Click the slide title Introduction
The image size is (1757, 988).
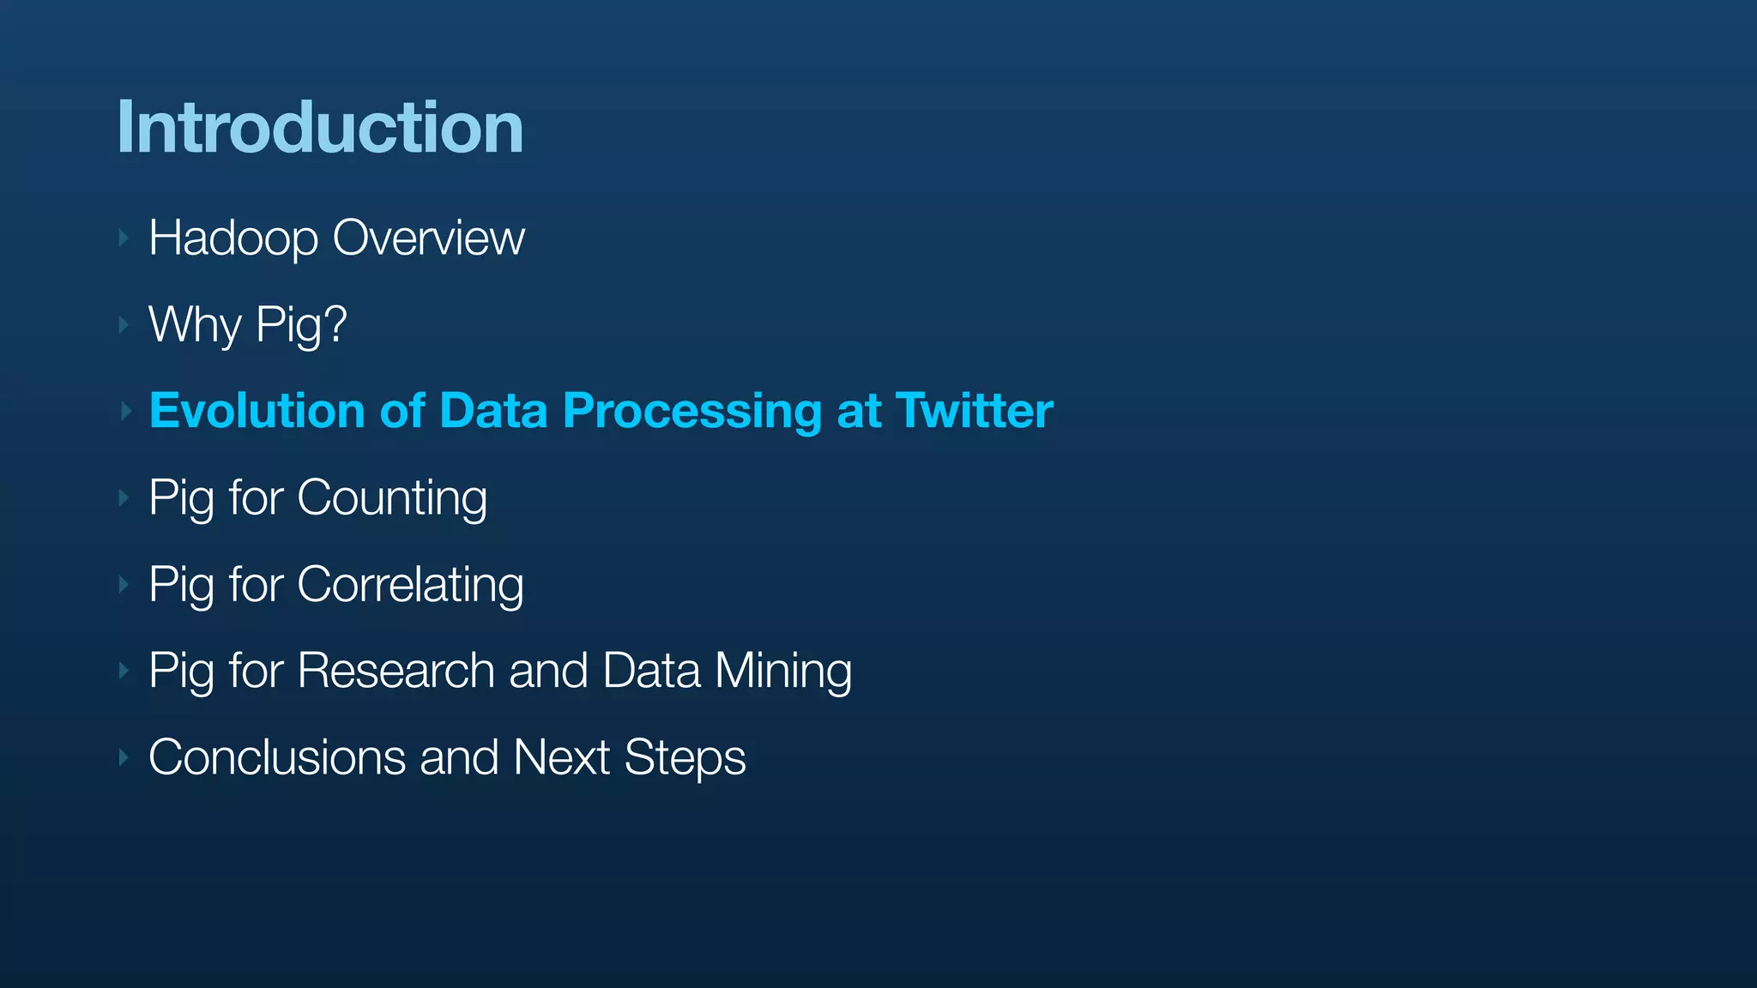click(320, 128)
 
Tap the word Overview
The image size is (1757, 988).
click(428, 238)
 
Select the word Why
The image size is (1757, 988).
click(195, 325)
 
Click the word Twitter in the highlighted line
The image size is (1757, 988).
click(974, 411)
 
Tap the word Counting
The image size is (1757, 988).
click(392, 498)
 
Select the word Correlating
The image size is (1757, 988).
click(410, 585)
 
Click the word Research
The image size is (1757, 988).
click(395, 671)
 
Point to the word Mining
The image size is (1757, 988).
click(783, 672)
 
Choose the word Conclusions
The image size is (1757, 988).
click(276, 757)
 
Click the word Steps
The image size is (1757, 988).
click(685, 759)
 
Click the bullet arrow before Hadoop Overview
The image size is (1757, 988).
click(124, 238)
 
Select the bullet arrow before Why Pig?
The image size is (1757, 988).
click(124, 325)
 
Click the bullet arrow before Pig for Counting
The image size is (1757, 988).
click(124, 498)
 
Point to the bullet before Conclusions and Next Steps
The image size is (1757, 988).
click(124, 757)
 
